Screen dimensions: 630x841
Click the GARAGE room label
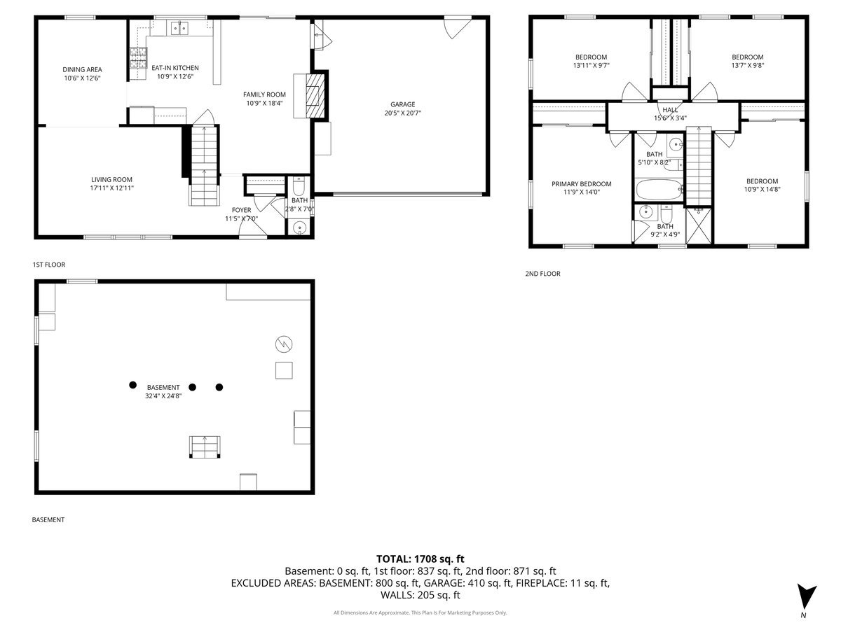click(403, 104)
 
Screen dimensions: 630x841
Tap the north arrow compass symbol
click(807, 596)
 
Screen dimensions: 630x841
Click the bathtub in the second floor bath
click(657, 189)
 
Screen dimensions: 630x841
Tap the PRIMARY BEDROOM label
click(581, 184)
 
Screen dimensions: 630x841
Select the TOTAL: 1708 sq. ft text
click(420, 559)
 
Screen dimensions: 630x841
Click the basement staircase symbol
click(205, 447)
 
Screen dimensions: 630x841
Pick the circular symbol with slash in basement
click(284, 343)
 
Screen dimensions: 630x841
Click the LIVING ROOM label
click(111, 179)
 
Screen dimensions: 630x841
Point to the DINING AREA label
click(82, 69)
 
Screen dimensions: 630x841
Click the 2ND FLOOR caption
click(542, 274)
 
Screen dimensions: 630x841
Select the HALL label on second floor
click(669, 110)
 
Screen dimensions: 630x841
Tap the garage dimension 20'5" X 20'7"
click(403, 113)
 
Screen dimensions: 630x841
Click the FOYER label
click(241, 210)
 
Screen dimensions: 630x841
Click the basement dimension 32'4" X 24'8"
click(163, 395)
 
